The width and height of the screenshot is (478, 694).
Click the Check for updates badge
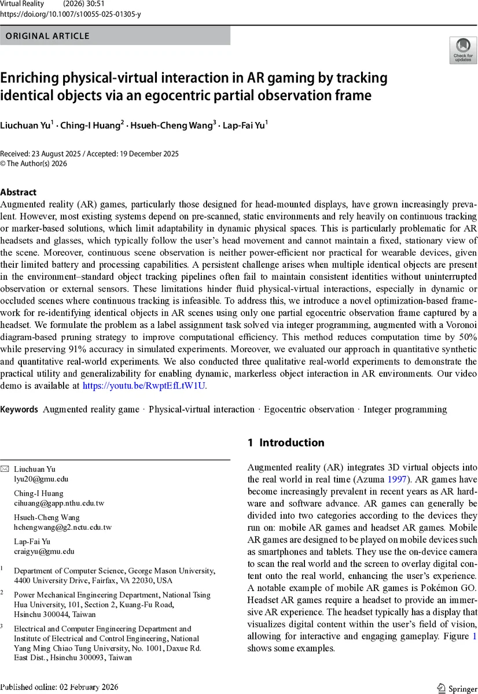(x=463, y=50)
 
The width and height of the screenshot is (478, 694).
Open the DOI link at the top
(x=71, y=14)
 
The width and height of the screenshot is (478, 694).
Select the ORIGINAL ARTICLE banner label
(x=47, y=36)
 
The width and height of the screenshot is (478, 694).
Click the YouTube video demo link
(x=144, y=385)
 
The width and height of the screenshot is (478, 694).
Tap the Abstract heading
(x=19, y=192)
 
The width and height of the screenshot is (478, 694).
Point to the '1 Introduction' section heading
(x=286, y=442)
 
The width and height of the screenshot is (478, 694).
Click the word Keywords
(x=20, y=409)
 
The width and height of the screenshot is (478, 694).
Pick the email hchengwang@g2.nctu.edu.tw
(x=62, y=527)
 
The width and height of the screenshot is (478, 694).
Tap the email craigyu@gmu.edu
(x=44, y=552)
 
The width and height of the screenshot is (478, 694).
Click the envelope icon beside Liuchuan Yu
(x=5, y=469)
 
